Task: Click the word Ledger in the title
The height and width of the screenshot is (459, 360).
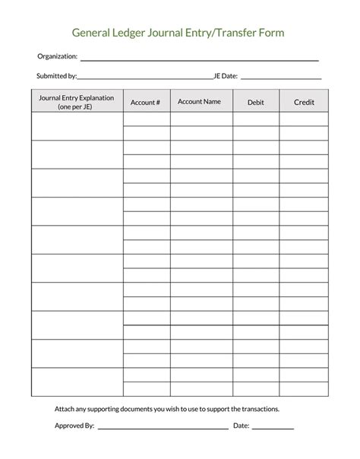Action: (131, 33)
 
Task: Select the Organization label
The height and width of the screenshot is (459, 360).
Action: (58, 56)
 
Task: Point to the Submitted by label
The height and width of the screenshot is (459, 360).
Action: (57, 76)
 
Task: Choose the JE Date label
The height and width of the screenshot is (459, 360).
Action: (226, 76)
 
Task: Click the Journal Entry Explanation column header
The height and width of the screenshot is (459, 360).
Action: (76, 98)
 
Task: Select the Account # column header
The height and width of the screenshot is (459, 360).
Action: (145, 102)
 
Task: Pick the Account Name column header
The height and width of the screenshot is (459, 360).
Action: (200, 101)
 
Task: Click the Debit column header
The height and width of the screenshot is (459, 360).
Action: (255, 102)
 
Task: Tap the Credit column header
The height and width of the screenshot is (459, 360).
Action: (303, 102)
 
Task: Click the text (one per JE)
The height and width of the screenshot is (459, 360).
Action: (76, 107)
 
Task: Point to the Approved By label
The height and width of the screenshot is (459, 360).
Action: (74, 426)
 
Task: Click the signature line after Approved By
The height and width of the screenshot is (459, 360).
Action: (163, 429)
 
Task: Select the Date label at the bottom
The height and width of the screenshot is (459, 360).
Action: (241, 426)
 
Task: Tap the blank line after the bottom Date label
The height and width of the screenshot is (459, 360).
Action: (273, 429)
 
